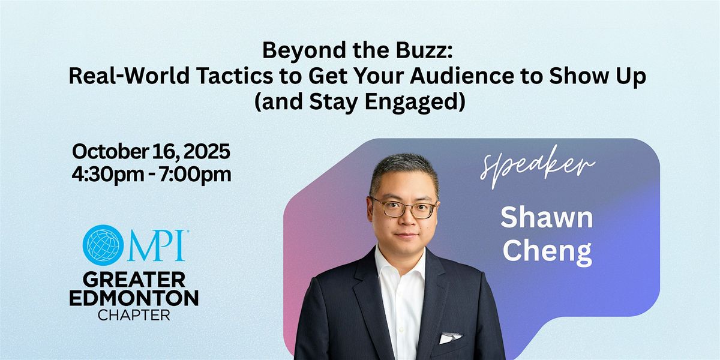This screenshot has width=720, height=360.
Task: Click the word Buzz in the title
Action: tap(424, 50)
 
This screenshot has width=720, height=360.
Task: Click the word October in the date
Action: tap(110, 151)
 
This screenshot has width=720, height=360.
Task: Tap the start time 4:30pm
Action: tap(108, 175)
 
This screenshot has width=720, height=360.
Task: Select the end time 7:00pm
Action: tap(195, 175)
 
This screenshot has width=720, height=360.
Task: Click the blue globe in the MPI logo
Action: tap(103, 245)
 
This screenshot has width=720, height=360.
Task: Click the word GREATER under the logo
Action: tap(134, 280)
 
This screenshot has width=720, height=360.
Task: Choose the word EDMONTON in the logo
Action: tap(134, 298)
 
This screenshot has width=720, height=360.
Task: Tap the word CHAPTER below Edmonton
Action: tap(134, 316)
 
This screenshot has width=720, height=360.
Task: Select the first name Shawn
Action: tap(547, 218)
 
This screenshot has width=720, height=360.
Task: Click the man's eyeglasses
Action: tap(404, 208)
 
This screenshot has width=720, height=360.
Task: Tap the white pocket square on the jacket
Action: tap(450, 338)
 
